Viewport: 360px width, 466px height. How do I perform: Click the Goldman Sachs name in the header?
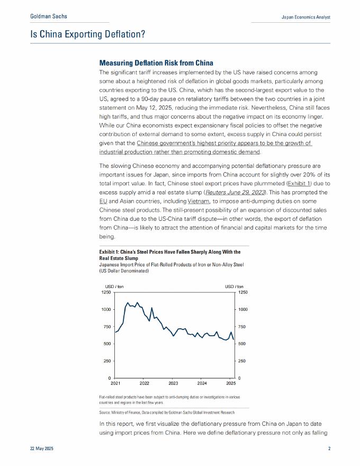49,17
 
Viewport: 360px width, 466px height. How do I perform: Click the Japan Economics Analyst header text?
305,17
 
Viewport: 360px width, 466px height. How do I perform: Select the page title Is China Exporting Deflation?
87,34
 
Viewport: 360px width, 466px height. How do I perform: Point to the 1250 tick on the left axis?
106,292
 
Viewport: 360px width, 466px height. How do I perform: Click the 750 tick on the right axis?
242,327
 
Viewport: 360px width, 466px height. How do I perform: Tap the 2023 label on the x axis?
173,383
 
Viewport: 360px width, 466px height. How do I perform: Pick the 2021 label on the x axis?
115,383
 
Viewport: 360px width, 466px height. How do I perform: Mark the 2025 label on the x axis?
231,383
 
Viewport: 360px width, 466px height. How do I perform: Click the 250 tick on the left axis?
107,361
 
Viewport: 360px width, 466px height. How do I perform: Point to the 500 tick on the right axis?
242,344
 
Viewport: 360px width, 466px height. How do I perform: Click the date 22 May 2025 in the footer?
41,449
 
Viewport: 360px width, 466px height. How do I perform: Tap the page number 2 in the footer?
329,449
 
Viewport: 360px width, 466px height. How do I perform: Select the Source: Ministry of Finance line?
166,412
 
